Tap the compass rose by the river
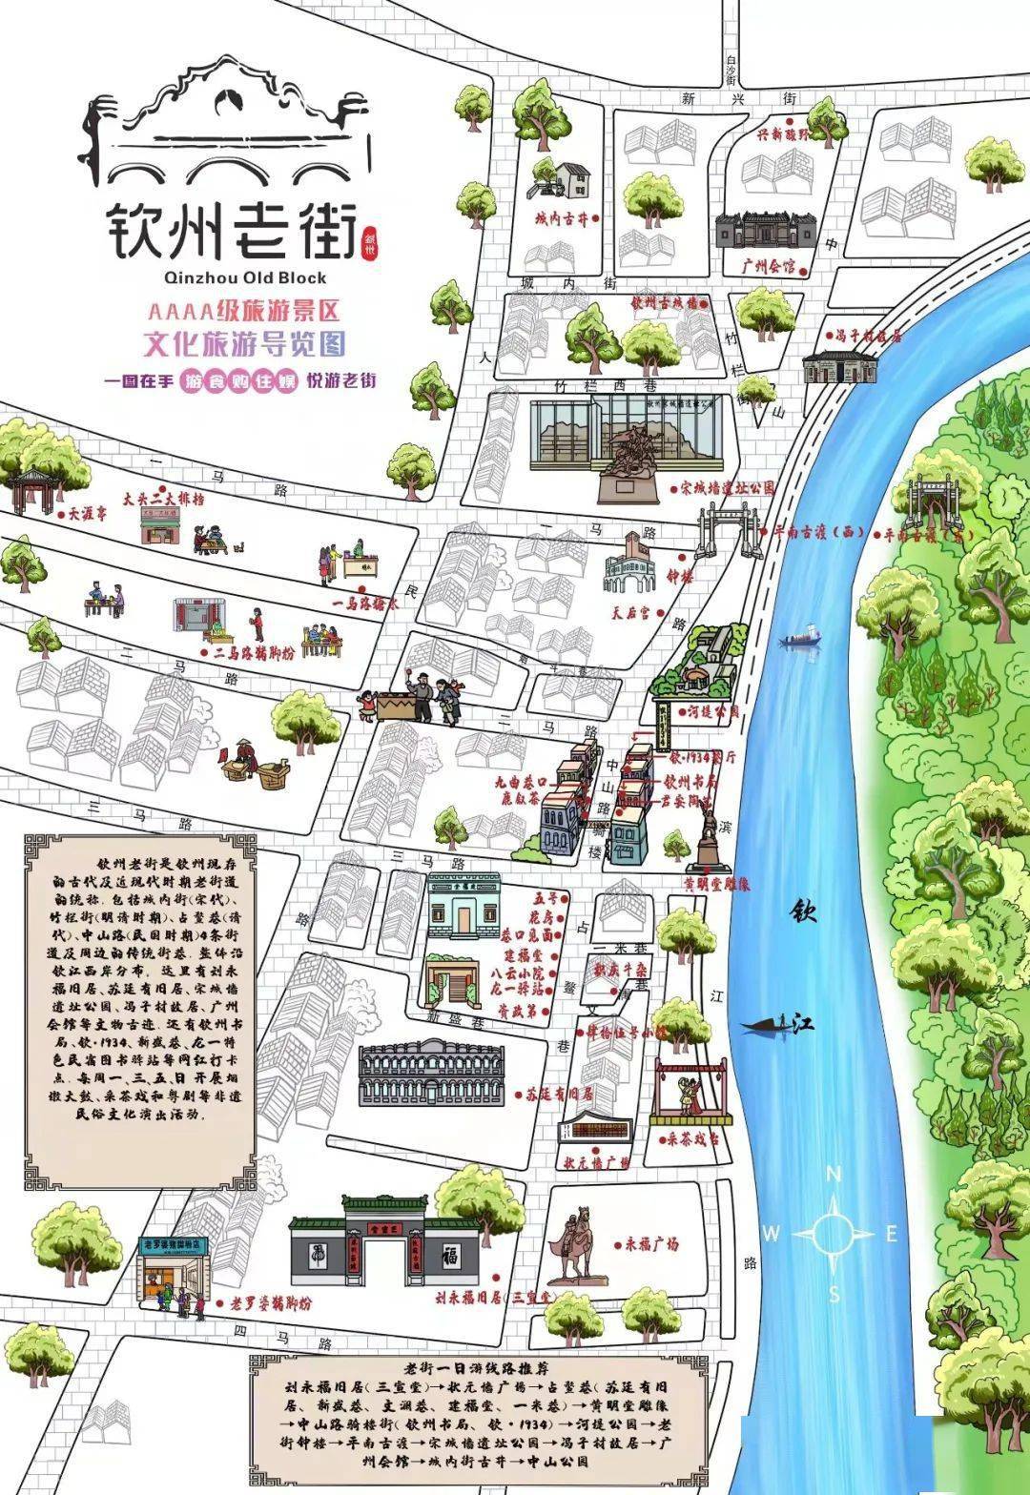click(833, 1233)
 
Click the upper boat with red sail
click(800, 638)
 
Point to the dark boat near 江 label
click(769, 1026)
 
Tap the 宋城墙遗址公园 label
click(727, 487)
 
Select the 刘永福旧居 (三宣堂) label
click(494, 1298)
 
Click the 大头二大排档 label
click(163, 498)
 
